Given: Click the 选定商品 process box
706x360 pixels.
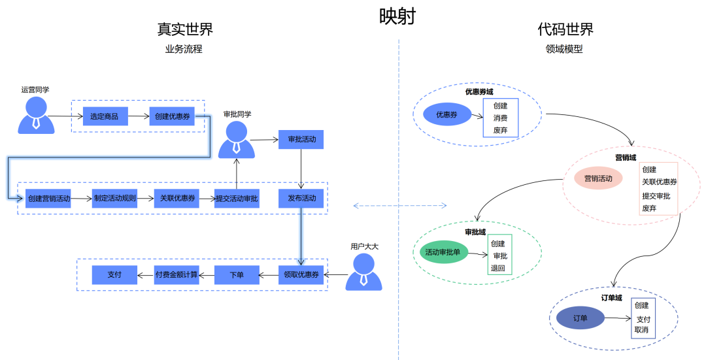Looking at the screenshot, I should [x=105, y=116].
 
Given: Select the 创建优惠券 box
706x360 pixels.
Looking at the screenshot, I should [x=172, y=116].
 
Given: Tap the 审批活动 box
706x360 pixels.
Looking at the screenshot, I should [x=301, y=140].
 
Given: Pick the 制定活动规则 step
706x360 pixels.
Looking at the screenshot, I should [x=114, y=198].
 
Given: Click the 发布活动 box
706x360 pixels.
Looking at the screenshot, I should [x=301, y=198].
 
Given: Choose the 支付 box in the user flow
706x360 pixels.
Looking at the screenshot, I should [x=114, y=275].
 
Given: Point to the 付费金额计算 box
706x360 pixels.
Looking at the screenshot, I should [x=176, y=275].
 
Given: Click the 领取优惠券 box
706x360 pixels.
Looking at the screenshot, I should [x=301, y=275].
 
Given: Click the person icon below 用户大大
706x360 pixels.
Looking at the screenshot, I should [x=363, y=272].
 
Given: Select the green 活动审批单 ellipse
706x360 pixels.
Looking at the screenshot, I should [x=443, y=252].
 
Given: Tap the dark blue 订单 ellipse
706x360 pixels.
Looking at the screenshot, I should [x=580, y=318].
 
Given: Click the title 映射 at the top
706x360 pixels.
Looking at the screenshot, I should [x=397, y=16].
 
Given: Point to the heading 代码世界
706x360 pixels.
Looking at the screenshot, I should [x=565, y=29].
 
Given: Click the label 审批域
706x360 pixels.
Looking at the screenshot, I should [x=475, y=232].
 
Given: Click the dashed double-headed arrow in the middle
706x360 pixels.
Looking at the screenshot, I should [x=400, y=206].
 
